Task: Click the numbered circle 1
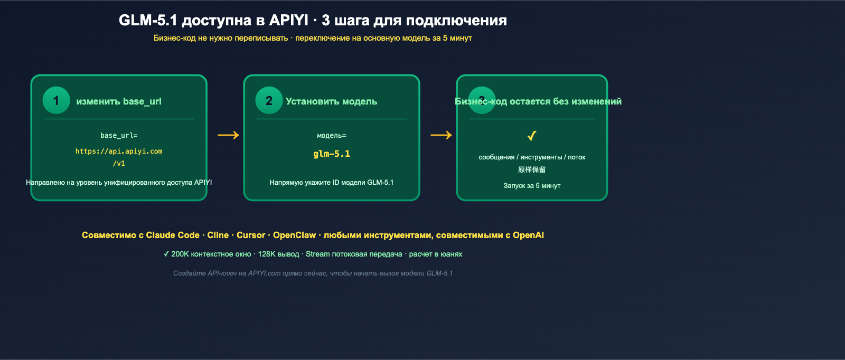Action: [x=57, y=100]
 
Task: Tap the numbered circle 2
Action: [x=269, y=100]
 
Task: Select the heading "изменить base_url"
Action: [x=119, y=101]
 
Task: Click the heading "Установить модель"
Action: [x=332, y=101]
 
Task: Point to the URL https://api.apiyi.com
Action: [x=119, y=151]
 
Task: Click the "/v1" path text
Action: [x=119, y=164]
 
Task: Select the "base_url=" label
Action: [x=119, y=136]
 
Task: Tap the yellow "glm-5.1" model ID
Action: [x=332, y=154]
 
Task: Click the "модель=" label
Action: [x=332, y=136]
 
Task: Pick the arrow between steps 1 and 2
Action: [x=228, y=135]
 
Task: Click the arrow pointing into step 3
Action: [x=441, y=135]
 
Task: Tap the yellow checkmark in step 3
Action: [x=532, y=136]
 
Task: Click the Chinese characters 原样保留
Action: [x=532, y=170]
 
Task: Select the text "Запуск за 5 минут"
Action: [x=532, y=186]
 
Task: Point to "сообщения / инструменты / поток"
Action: [x=532, y=157]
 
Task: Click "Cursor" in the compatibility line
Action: [x=251, y=235]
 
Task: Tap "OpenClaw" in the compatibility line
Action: [x=294, y=235]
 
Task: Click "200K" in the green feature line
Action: [x=180, y=254]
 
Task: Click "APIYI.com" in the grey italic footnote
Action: [x=264, y=273]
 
